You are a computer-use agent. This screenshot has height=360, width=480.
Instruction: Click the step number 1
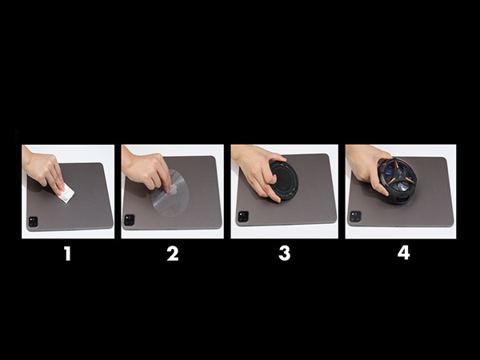coord(67,254)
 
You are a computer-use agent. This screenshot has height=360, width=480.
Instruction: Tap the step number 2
coord(173,254)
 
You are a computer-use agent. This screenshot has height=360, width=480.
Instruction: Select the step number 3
coord(284,254)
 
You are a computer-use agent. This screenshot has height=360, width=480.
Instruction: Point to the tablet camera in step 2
coord(130,219)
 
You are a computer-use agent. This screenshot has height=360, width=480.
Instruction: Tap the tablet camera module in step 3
coord(242,216)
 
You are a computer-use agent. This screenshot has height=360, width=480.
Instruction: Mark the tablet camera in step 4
coord(354,216)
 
